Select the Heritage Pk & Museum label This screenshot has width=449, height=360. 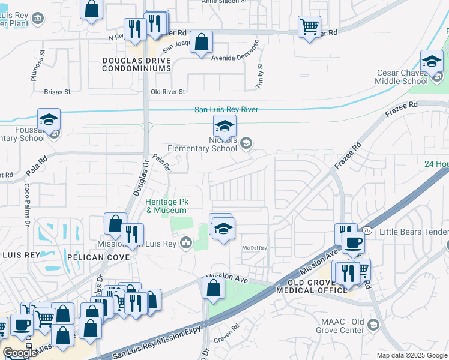166,206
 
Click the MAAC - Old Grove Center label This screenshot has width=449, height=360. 341,325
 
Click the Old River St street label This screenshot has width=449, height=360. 167,92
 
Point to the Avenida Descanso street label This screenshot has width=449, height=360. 234,58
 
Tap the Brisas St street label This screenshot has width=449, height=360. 58,92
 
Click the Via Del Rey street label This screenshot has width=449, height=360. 253,247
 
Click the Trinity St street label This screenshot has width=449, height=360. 260,76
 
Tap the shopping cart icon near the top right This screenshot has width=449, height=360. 309,26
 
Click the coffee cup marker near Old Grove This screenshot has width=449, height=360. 353,242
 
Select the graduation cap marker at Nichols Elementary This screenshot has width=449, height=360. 224,127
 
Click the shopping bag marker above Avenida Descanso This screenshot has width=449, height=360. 202,43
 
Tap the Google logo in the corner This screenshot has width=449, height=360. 20,353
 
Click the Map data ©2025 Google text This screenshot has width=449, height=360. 411,355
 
